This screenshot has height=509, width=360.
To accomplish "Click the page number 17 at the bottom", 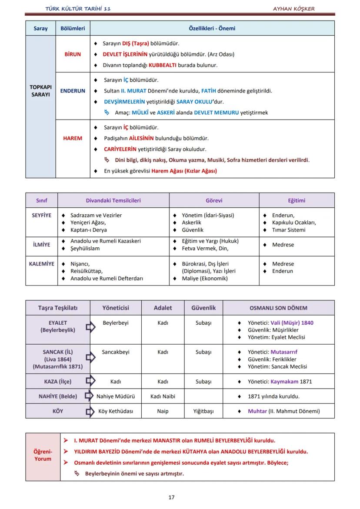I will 171,497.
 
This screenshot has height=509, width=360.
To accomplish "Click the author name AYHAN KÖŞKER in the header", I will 293,9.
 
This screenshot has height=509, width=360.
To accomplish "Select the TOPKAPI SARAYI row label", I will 40,91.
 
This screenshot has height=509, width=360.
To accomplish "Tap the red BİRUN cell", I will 73,54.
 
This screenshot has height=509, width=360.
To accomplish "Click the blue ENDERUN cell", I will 73,91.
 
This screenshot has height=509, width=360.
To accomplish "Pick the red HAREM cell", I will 73,138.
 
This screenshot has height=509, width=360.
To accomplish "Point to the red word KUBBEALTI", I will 162,65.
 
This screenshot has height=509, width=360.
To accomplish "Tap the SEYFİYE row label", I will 41,215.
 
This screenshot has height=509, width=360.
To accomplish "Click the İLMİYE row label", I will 41,245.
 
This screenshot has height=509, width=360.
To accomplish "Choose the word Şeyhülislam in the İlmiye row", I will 85,249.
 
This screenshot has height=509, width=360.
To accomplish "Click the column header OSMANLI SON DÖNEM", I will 278,308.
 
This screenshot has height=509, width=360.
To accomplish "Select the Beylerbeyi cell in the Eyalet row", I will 116,323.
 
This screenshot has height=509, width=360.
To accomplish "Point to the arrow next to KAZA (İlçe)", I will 90,382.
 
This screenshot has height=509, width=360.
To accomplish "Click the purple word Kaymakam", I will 285,382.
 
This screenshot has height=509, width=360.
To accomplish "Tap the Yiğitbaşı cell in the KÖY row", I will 203,411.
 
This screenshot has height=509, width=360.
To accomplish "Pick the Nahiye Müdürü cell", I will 116,396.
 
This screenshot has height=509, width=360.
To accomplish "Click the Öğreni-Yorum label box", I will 43,456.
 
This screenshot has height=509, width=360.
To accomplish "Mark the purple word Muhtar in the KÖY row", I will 257,411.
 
